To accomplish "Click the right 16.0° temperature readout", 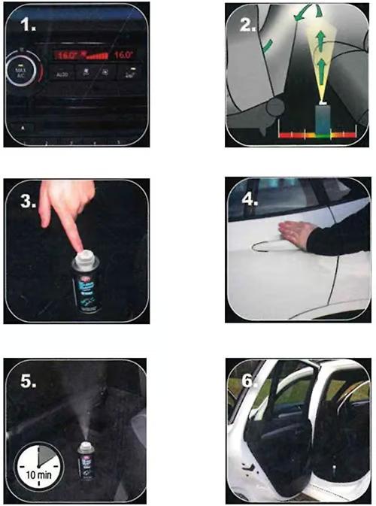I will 125,56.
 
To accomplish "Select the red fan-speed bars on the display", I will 99,56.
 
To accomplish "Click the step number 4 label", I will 250,202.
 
